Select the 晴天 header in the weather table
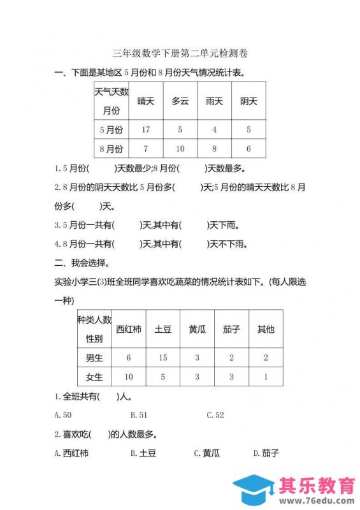pyautogui.click(x=146, y=101)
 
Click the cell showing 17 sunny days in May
pyautogui.click(x=146, y=129)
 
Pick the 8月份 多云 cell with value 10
pyautogui.click(x=180, y=149)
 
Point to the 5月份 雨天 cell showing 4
pyautogui.click(x=215, y=129)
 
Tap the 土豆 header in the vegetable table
pyautogui.click(x=163, y=330)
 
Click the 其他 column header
pyautogui.click(x=266, y=330)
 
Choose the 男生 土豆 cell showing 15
pyautogui.click(x=163, y=358)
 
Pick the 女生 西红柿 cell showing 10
pyautogui.click(x=129, y=377)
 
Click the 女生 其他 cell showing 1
pyautogui.click(x=266, y=377)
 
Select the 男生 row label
pyautogui.click(x=94, y=358)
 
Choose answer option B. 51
pyautogui.click(x=139, y=415)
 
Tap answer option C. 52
pyautogui.click(x=215, y=415)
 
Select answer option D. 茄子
pyautogui.click(x=266, y=453)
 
